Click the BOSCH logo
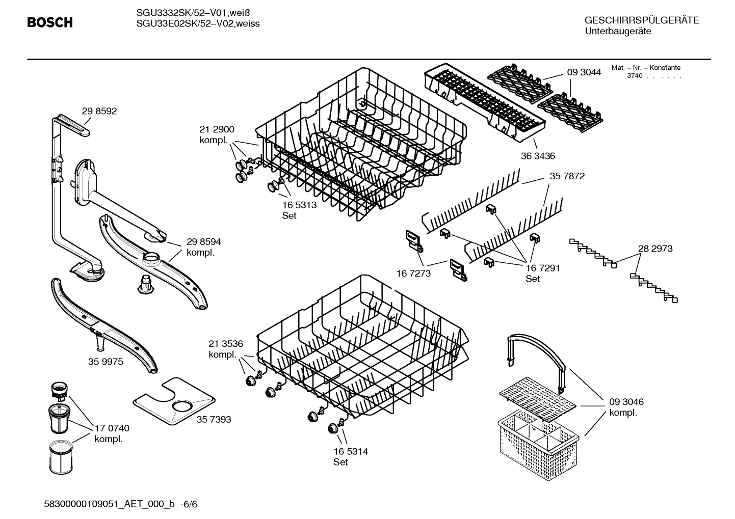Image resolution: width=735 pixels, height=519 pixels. coord(50,22)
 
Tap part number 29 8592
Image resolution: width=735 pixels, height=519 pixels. coord(99,111)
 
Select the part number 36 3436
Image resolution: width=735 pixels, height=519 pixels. coord(538,156)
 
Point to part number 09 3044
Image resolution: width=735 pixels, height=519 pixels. coord(584,72)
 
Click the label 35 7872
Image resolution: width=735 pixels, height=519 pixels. coord(567,176)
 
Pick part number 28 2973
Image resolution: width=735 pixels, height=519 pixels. coord(655,249)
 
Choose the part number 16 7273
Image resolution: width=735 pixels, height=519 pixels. coord(413,273)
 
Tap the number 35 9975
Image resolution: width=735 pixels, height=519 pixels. coord(106,362)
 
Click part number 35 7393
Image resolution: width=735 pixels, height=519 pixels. coord(214,419)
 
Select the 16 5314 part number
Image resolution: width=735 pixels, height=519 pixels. coord(351,451)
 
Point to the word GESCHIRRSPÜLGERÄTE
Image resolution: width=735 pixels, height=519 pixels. coord(642,20)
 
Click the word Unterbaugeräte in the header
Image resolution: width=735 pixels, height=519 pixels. coord(618,32)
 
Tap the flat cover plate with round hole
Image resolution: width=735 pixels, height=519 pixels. coord(174,401)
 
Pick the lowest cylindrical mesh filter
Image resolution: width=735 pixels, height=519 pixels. coord(61,457)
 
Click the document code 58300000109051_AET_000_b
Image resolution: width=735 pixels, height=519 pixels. coord(109,504)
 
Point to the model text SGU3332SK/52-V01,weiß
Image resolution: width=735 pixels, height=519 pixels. coord(193,13)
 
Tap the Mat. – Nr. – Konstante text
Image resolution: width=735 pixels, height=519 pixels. coord(646,68)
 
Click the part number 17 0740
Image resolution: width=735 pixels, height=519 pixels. coord(112,428)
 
